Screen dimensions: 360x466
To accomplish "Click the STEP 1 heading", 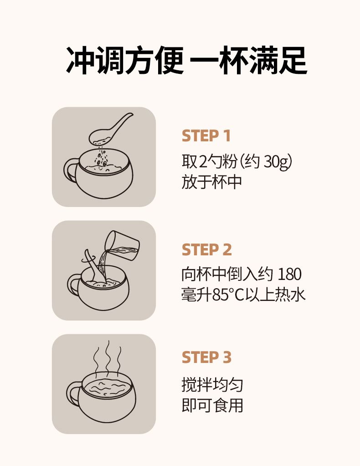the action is (x=206, y=136).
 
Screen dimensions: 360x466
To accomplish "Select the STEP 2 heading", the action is (x=206, y=250).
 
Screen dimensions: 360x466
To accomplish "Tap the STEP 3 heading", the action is (x=206, y=357).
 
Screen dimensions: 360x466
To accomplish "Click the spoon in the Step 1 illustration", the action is (x=110, y=129).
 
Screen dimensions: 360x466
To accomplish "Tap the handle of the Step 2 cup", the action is (x=73, y=285).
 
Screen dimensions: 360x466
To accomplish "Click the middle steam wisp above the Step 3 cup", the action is (x=108, y=357).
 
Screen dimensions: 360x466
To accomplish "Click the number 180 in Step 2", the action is (x=289, y=274).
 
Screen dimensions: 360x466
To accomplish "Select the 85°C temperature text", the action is (x=228, y=295).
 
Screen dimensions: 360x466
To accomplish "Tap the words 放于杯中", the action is (x=211, y=182).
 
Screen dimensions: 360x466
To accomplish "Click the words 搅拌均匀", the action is (x=212, y=385).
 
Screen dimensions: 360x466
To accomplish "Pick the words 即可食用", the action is (x=212, y=405).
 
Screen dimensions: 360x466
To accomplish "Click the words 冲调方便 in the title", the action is (x=125, y=60).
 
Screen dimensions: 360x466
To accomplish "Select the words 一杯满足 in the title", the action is (x=249, y=60).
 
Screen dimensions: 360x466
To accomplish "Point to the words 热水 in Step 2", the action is (x=290, y=295).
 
